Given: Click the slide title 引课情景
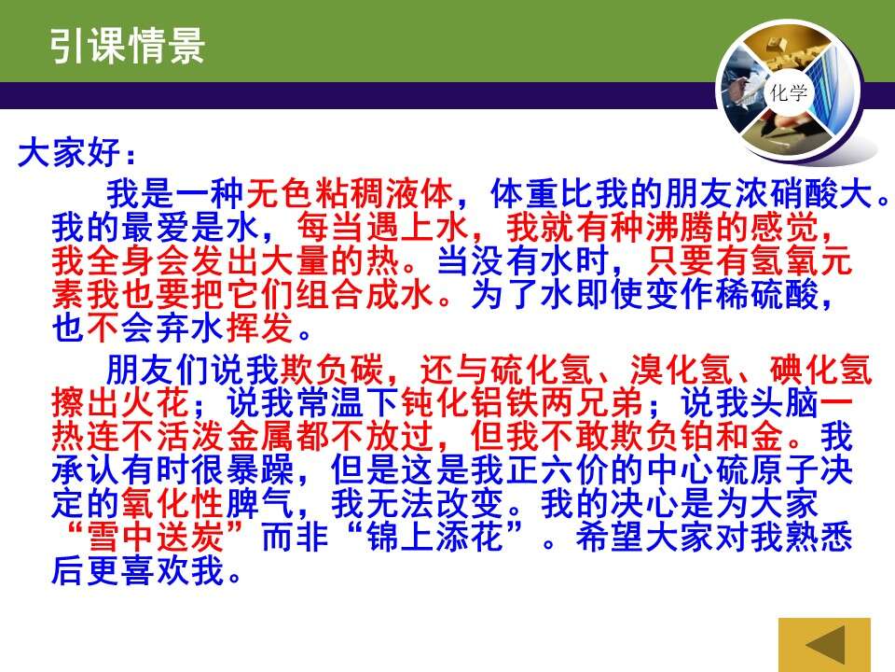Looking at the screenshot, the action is click(127, 46).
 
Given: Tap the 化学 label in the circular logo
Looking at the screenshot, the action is click(789, 92).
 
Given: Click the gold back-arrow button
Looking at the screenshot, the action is click(824, 645).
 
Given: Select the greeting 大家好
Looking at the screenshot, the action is click(69, 153).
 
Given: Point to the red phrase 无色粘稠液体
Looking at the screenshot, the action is click(350, 193).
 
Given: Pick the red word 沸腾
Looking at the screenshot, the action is click(681, 228).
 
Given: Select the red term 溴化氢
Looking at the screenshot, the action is click(682, 370).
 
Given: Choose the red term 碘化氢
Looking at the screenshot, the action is click(821, 370).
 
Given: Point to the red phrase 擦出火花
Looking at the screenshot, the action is click(120, 403).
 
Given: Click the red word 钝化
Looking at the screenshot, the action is click(435, 403).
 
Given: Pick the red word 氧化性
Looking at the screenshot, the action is click(172, 503).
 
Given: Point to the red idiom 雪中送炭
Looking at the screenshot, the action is click(155, 538).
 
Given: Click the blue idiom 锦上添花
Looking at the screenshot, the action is click(435, 538).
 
